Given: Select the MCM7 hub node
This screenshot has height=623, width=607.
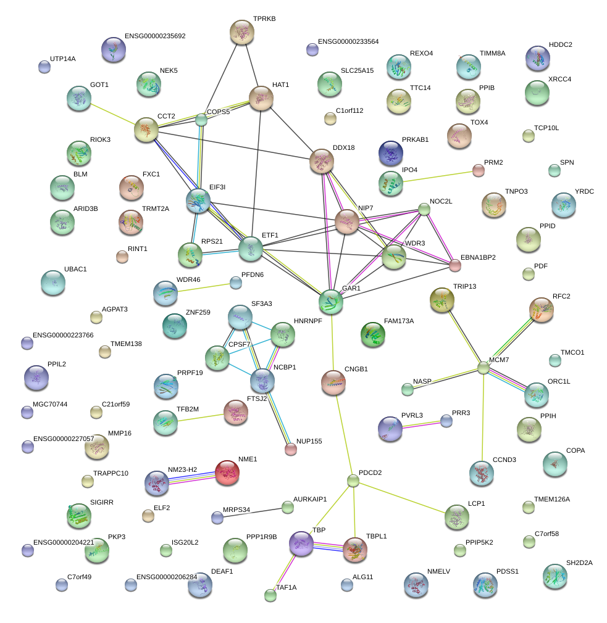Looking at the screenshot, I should (x=484, y=368).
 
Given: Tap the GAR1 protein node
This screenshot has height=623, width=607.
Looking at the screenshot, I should (x=331, y=300).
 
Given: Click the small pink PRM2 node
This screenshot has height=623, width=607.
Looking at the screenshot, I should (x=478, y=170).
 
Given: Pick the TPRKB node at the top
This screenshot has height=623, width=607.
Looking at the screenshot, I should (x=242, y=32).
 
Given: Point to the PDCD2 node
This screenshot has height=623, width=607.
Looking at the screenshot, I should (x=353, y=480).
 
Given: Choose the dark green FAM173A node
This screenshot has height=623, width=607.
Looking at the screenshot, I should (x=372, y=334).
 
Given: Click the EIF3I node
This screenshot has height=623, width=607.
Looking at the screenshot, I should (x=198, y=200).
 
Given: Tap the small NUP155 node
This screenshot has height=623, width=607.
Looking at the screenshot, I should (x=291, y=449).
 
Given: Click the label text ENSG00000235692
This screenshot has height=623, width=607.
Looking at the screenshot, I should (x=154, y=36).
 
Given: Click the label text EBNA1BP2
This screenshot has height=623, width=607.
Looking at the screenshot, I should (x=478, y=257).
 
